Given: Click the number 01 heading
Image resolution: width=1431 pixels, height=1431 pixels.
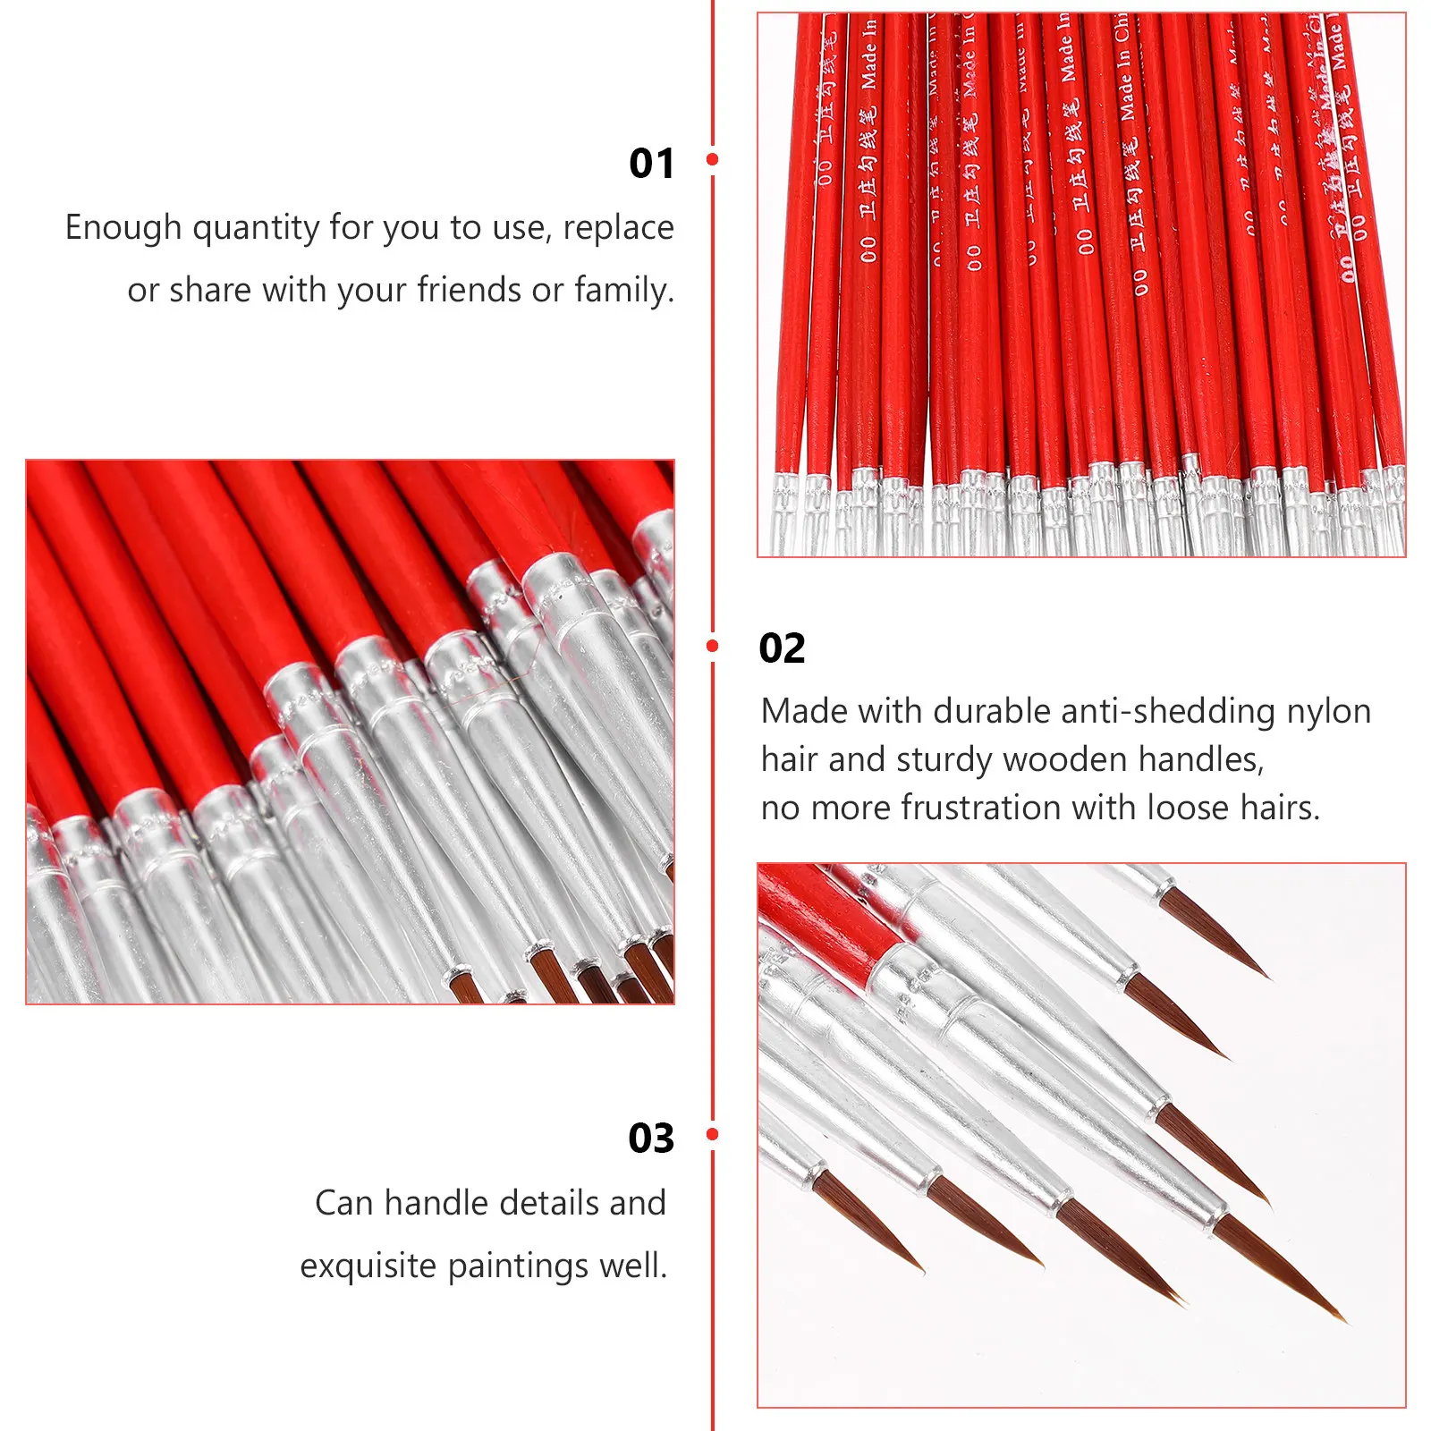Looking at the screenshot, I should (x=651, y=164).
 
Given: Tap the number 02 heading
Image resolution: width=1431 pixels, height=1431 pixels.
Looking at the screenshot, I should (x=782, y=648).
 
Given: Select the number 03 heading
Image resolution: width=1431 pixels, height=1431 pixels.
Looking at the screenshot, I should (x=651, y=1139).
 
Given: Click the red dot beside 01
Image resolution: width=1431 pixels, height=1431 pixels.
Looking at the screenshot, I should (x=712, y=159).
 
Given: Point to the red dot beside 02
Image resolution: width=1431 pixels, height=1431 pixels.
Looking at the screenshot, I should (x=712, y=646).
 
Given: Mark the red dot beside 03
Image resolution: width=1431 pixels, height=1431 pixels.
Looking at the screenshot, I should (x=712, y=1134).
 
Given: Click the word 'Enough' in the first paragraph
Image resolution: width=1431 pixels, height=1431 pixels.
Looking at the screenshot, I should (x=123, y=229).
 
